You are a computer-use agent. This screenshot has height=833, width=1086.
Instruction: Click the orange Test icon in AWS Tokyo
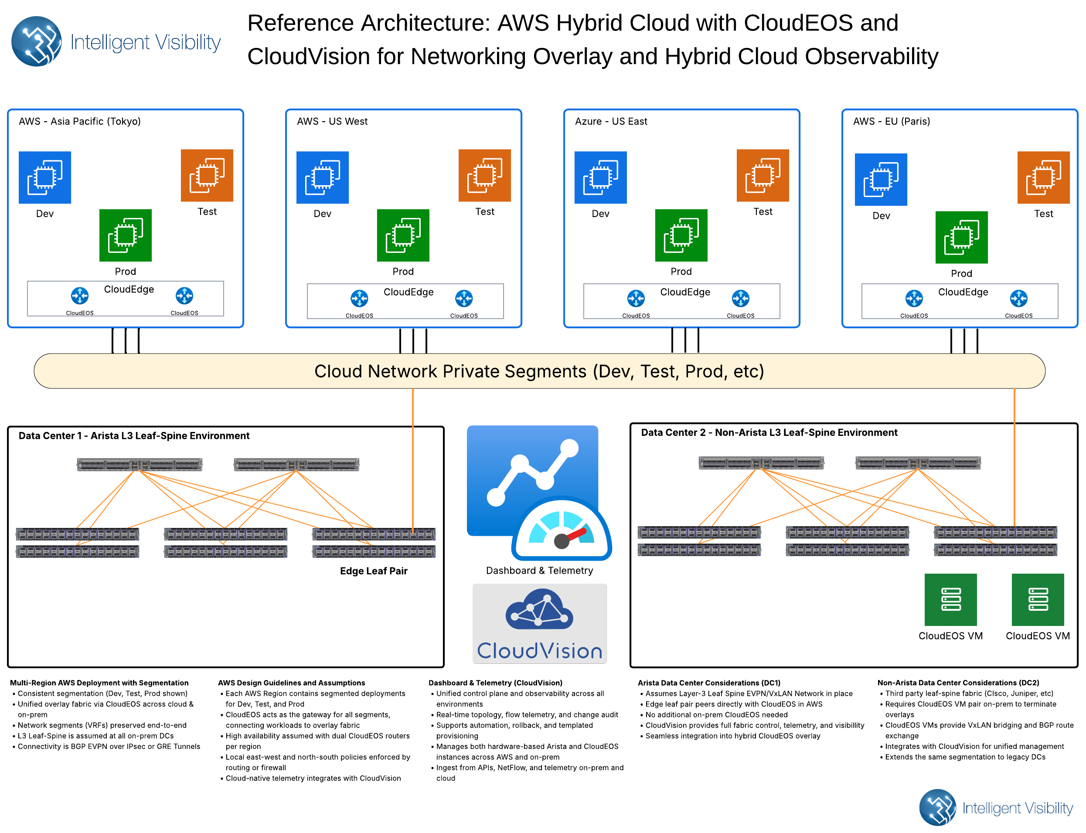point(207,175)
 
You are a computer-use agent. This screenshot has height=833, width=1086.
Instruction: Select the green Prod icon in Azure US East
point(681,235)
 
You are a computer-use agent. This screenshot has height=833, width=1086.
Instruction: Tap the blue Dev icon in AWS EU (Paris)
point(881,180)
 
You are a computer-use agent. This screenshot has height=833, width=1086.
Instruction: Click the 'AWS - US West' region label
point(332,122)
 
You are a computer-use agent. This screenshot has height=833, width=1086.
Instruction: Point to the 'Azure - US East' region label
point(611,122)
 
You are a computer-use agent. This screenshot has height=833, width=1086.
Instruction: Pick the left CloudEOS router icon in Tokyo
point(80,296)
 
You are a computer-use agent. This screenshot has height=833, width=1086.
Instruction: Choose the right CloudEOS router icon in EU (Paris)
point(1018,299)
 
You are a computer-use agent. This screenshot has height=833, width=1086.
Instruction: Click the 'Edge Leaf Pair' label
point(373,571)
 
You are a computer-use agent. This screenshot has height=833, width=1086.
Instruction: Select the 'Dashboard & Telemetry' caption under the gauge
point(539,570)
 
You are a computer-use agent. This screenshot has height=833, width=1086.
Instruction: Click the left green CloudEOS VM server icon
point(950,599)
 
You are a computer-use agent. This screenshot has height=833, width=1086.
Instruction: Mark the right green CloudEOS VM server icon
point(1038,599)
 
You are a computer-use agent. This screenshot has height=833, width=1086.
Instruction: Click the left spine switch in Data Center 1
point(140,465)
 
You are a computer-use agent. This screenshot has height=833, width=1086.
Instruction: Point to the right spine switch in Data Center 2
point(918,462)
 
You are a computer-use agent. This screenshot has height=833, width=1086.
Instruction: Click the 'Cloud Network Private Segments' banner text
point(539,371)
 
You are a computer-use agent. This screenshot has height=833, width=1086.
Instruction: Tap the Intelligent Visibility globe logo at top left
point(36,41)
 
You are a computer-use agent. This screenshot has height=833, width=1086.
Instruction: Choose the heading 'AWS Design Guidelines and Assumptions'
point(292,683)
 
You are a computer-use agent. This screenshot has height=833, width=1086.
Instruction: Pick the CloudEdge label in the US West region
point(408,292)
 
